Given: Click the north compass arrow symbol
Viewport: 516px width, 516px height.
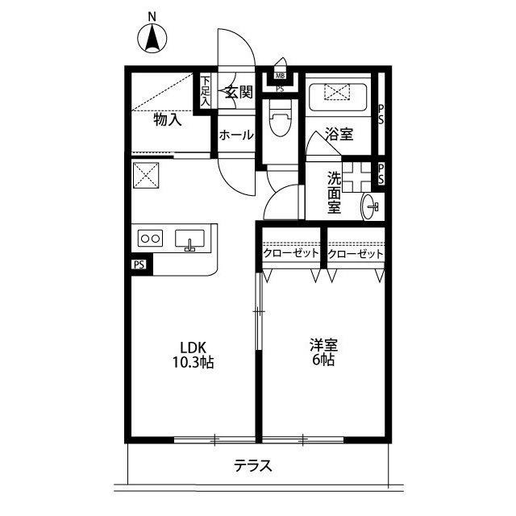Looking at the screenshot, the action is click(152, 39).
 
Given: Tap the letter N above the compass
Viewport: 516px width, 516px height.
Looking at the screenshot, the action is click(152, 17).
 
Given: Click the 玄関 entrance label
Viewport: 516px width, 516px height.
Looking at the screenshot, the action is click(239, 92).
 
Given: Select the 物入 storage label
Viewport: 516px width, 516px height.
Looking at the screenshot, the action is click(168, 119).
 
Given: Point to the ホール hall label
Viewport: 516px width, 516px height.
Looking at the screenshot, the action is click(236, 135).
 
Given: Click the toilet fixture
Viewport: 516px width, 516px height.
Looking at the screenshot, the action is click(280, 118).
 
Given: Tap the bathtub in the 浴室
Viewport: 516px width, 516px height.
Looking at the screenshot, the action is click(338, 97).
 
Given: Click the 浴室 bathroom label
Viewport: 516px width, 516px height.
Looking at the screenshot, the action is click(339, 134).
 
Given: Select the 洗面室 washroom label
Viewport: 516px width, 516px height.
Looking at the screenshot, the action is click(334, 193).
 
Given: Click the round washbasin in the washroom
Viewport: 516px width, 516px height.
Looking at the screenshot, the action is click(368, 206).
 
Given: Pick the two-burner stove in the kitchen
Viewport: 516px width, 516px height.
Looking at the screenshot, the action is click(150, 238).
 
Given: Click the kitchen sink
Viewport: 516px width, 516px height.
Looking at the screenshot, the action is click(189, 239).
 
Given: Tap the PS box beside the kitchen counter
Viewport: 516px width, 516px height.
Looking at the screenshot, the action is click(139, 264).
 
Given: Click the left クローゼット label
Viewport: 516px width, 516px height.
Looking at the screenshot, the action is click(291, 253).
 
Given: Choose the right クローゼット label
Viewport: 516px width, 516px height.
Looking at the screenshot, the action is click(356, 254).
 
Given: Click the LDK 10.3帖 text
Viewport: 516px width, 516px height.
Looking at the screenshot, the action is click(193, 355).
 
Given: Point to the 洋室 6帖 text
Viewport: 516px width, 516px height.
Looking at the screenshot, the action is click(323, 352).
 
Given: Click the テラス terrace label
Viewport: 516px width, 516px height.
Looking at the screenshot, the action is click(253, 466).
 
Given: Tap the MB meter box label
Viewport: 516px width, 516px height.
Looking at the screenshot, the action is click(280, 76).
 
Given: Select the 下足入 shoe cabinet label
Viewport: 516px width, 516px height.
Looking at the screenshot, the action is click(205, 91).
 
